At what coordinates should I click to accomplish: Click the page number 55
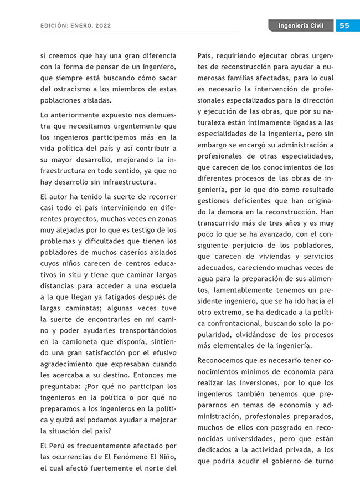(x=344, y=25)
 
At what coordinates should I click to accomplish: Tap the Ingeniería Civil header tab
(x=301, y=25)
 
